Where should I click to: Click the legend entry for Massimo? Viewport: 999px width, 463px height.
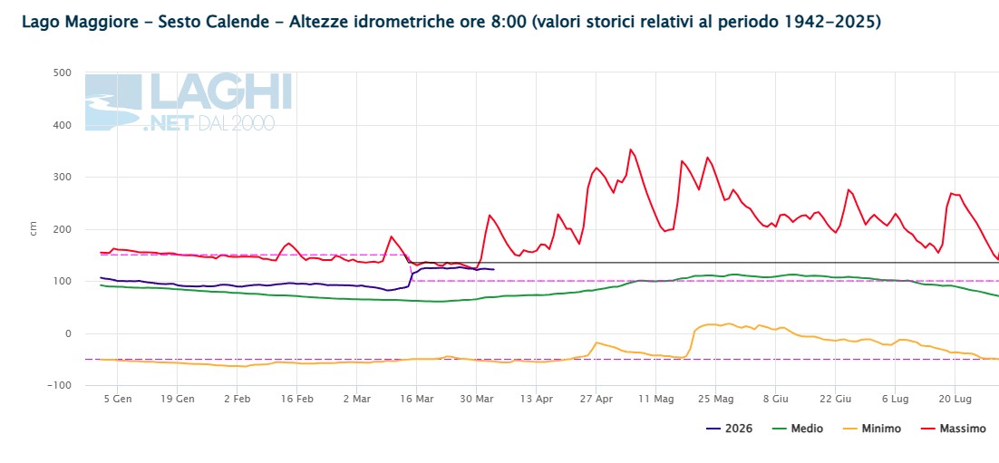[953, 429]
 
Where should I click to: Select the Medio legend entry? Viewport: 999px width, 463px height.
[797, 429]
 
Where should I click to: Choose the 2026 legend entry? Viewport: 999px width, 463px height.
[730, 429]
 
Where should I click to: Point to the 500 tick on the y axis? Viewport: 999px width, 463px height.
[62, 72]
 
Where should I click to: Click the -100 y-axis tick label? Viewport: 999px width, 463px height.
[59, 386]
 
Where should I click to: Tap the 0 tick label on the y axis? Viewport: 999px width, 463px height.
[67, 333]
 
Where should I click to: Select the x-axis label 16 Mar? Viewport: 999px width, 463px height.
[416, 400]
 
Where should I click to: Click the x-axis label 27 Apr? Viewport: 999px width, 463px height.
[596, 400]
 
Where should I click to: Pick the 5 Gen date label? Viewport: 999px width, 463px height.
[117, 400]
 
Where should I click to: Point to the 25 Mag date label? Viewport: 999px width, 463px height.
[715, 400]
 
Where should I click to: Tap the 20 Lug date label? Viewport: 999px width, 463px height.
[955, 400]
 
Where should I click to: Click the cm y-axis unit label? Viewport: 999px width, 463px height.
[34, 228]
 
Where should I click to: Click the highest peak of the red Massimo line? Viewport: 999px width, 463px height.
[631, 150]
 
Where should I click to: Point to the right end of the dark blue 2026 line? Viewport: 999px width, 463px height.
[494, 269]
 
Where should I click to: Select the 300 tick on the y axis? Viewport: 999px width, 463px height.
[62, 177]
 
